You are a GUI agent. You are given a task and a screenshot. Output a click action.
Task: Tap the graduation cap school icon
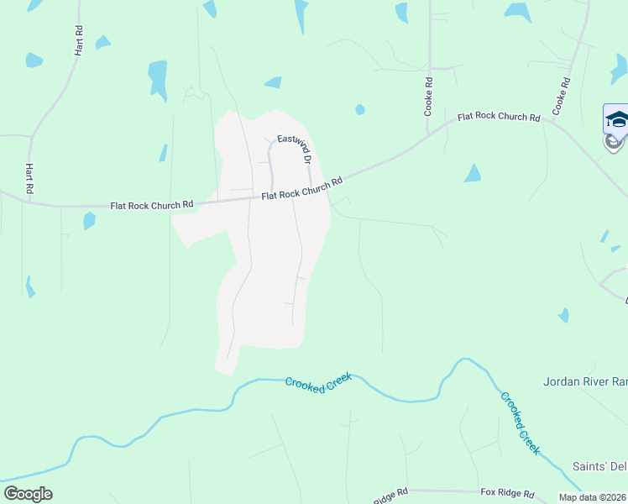pyautogui.click(x=617, y=119)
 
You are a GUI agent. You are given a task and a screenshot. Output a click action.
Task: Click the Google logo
pyautogui.click(x=28, y=494)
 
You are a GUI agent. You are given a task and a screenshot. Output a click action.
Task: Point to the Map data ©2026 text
pyautogui.click(x=593, y=497)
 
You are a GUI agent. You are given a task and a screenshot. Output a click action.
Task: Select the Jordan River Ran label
pyautogui.click(x=585, y=381)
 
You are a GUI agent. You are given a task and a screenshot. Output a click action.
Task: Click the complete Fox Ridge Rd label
pyautogui.click(x=507, y=494)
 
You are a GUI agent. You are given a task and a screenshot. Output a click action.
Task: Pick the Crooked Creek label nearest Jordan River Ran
pyautogui.click(x=519, y=423)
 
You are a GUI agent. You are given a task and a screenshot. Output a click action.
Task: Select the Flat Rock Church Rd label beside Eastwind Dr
pyautogui.click(x=302, y=188)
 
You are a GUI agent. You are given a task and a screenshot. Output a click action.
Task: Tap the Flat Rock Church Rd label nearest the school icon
pyautogui.click(x=499, y=118)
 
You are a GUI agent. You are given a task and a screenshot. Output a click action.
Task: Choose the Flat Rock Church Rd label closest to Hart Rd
pyautogui.click(x=152, y=204)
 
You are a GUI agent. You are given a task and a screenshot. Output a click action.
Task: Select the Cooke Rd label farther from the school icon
pyautogui.click(x=428, y=97)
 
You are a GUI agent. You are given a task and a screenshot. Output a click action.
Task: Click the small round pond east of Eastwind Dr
pyautogui.click(x=360, y=109)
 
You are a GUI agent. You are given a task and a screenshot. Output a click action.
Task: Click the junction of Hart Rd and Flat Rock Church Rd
pyautogui.click(x=30, y=202)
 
